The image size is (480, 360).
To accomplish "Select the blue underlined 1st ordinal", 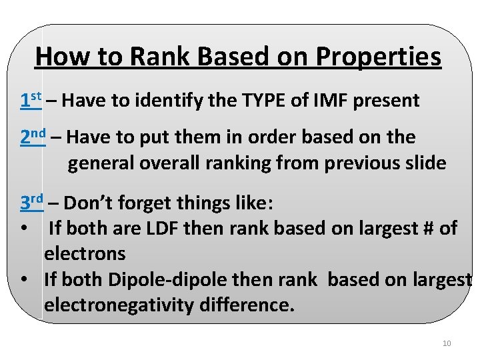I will [31, 101].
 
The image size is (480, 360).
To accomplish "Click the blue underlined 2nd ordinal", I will [33, 137].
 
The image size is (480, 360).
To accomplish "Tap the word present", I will [387, 101].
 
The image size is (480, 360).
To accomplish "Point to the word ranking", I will [250, 163].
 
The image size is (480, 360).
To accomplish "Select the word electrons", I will [85, 253].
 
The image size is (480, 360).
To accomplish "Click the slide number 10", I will [447, 343].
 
